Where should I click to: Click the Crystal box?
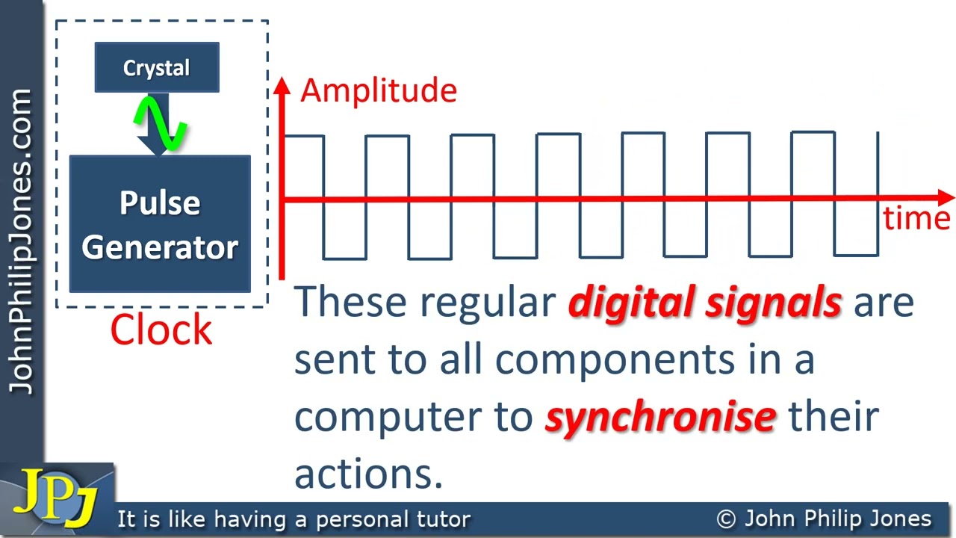click(157, 68)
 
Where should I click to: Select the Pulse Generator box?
click(160, 224)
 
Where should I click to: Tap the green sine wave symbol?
click(159, 123)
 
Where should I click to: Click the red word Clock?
click(161, 330)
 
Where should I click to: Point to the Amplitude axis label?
click(378, 90)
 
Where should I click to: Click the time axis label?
click(916, 218)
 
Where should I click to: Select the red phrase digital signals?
click(704, 302)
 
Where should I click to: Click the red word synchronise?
click(660, 417)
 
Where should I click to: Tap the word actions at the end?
click(368, 474)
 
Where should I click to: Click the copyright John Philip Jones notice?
click(824, 519)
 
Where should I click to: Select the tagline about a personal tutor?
click(294, 519)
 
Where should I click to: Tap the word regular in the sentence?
click(488, 302)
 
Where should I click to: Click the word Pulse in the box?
click(160, 203)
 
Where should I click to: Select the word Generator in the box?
click(160, 247)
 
